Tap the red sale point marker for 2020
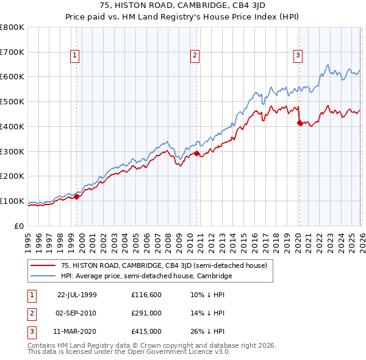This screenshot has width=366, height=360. point(300,123)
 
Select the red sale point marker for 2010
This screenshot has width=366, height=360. point(197,154)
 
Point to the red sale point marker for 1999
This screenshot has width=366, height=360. point(77,196)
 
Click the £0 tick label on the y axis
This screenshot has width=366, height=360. point(18,226)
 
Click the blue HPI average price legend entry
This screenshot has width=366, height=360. point(146,276)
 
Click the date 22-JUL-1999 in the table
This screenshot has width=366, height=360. point(77,295)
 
